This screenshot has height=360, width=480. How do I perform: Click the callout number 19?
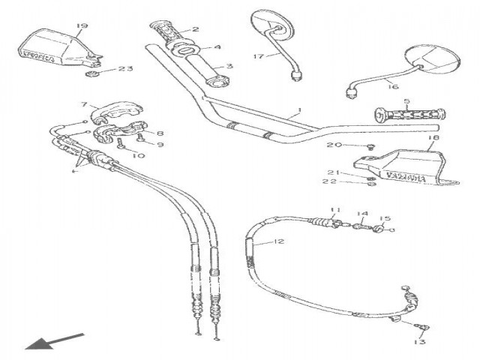pos(82,26)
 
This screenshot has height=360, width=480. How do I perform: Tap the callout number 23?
pos(125,68)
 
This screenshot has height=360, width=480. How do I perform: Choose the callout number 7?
pos(85,105)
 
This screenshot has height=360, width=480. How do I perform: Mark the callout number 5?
pos(406,100)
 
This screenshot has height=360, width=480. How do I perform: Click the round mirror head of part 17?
pos(268,22)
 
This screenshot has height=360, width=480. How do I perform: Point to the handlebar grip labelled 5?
pos(409,116)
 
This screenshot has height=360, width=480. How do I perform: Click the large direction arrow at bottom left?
pos(52,340)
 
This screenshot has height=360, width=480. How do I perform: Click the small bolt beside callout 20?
pos(369,146)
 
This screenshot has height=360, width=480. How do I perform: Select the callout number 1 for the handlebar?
pos(299,110)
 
